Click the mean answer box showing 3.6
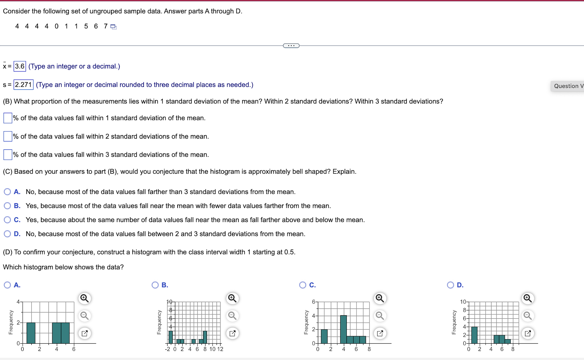[20, 66]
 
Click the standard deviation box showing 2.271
[23, 85]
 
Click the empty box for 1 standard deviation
[8, 118]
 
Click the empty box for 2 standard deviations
[8, 136]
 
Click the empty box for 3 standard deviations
[8, 154]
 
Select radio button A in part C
[7, 192]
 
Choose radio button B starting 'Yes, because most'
[7, 206]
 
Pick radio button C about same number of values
[7, 220]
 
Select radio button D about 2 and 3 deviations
[7, 234]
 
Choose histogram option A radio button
[7, 285]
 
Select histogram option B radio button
[155, 285]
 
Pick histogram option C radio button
[303, 285]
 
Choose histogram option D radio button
[450, 285]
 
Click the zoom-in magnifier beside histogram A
[84, 298]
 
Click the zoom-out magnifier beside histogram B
[232, 315]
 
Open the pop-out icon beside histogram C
[380, 333]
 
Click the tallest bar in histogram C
[343, 329]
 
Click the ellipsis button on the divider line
[291, 46]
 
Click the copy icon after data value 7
[114, 27]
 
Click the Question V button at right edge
[567, 86]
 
